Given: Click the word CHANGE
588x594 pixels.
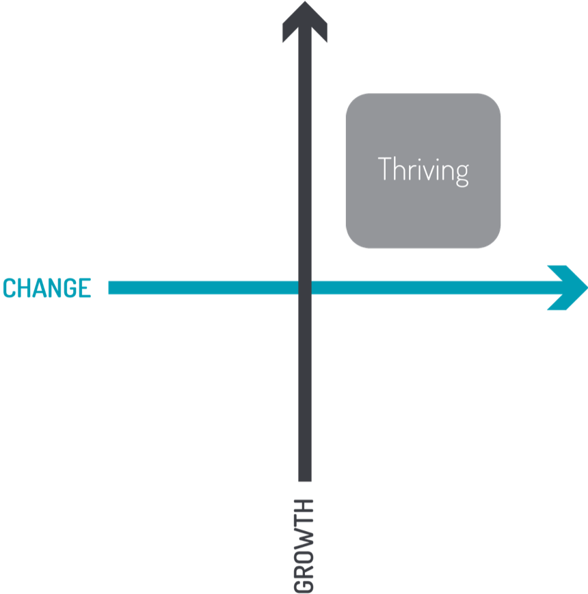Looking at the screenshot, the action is click(x=47, y=288).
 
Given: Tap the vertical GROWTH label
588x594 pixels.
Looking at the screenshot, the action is click(x=304, y=546).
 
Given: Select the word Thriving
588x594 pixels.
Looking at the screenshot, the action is click(x=423, y=172).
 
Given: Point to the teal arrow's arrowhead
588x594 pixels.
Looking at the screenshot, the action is click(x=567, y=288).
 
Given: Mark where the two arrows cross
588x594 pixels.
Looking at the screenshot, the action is click(x=305, y=288).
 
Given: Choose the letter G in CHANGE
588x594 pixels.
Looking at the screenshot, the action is click(x=70, y=288).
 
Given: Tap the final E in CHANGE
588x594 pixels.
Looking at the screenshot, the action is click(x=85, y=288).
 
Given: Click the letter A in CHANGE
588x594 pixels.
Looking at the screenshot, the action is click(x=40, y=288).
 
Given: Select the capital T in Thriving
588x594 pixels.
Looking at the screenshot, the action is click(x=384, y=168).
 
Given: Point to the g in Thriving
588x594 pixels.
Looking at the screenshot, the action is click(x=462, y=175).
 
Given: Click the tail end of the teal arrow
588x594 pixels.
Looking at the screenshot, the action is click(x=109, y=288).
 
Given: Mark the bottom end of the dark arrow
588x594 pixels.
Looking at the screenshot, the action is click(x=305, y=481).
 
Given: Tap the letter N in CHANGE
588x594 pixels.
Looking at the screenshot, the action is click(x=55, y=288).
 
